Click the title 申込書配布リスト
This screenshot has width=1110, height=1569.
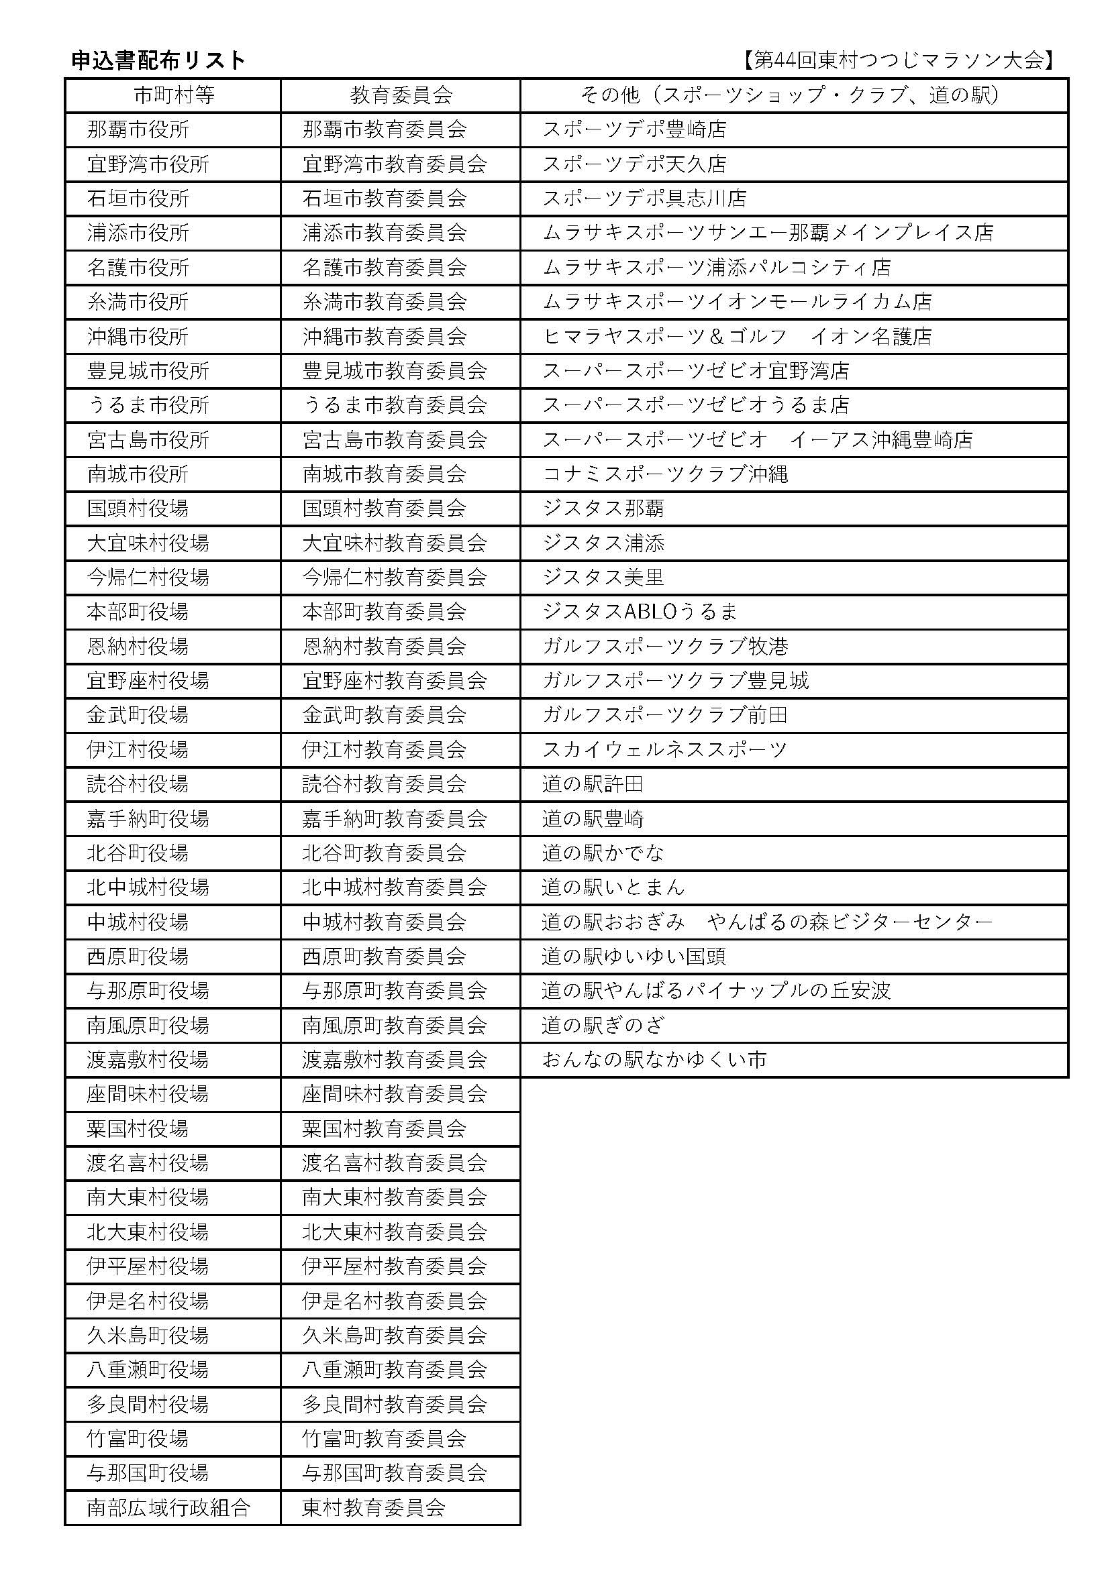(x=158, y=61)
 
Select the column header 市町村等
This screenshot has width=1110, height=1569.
(x=174, y=95)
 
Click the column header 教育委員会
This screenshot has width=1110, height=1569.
(x=401, y=95)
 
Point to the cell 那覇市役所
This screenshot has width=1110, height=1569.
(x=138, y=130)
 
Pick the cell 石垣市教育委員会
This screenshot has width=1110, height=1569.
(x=384, y=199)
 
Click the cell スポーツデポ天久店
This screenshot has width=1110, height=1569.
(x=634, y=164)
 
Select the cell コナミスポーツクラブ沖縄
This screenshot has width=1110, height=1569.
(x=665, y=474)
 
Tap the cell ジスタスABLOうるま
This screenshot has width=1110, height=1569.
(x=640, y=612)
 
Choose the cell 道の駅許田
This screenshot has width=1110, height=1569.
(x=593, y=783)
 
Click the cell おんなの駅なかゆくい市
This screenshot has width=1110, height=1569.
(x=654, y=1060)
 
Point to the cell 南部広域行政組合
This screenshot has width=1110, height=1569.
(x=169, y=1507)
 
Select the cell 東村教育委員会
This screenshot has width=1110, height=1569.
(x=374, y=1507)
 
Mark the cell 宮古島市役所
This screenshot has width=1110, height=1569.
(x=148, y=439)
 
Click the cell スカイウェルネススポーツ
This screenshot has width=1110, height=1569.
(x=664, y=750)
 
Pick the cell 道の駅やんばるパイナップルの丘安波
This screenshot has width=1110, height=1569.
(x=715, y=991)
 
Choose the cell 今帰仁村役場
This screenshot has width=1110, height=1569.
(x=148, y=578)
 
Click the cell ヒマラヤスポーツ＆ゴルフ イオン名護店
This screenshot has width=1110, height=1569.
(x=737, y=336)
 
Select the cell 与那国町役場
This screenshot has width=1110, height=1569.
(x=148, y=1472)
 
